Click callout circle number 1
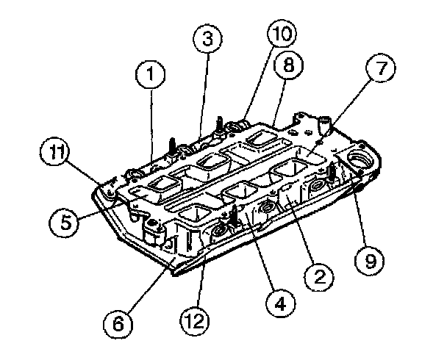150,74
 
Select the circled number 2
318,276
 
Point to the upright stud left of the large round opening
332,170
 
